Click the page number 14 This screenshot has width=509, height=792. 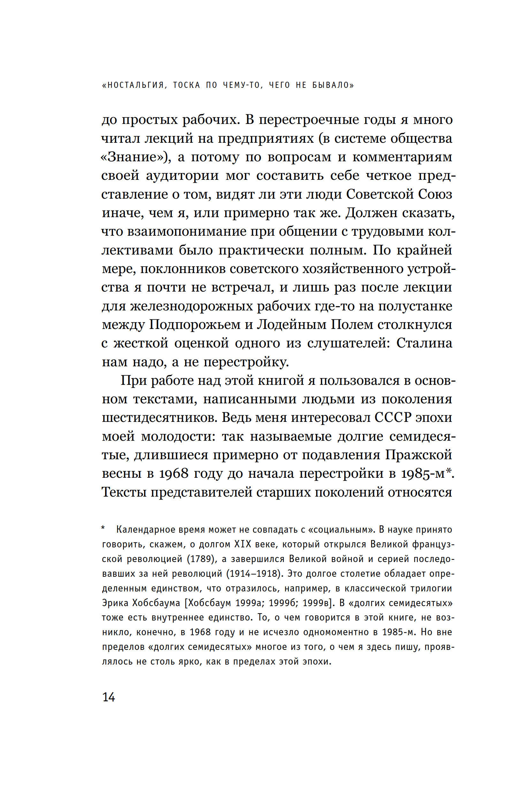coord(109,697)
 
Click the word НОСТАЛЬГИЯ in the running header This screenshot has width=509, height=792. coord(136,85)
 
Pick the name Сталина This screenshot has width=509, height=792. coord(424,343)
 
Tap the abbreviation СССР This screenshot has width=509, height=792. coord(393,418)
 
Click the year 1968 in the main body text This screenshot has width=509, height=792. coord(173,474)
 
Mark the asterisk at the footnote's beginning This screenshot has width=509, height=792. coord(103,529)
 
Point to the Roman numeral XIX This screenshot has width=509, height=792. coord(244,544)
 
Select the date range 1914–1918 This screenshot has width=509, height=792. coord(254,574)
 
